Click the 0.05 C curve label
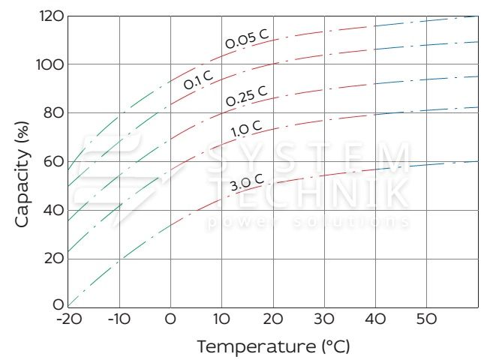(x=246, y=39)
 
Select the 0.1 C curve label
(x=199, y=79)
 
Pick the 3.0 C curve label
(x=246, y=183)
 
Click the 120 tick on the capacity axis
(x=50, y=16)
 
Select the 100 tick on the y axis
(x=50, y=64)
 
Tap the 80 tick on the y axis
(x=53, y=113)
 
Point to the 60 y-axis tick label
(x=53, y=161)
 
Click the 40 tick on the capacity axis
(x=53, y=210)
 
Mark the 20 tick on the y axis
(x=53, y=259)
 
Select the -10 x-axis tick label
(x=118, y=319)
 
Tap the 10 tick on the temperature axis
(x=221, y=319)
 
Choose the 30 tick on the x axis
(x=324, y=319)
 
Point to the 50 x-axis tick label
(x=426, y=319)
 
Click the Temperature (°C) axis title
(x=273, y=347)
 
